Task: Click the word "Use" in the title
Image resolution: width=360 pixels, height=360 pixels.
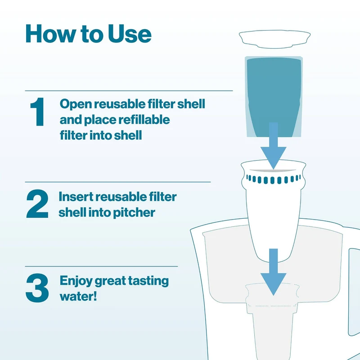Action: coord(130,34)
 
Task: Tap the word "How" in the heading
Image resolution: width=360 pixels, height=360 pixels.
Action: coord(50,34)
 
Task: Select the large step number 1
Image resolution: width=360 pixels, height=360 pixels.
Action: coord(38,112)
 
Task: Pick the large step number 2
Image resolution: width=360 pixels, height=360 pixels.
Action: coord(37,204)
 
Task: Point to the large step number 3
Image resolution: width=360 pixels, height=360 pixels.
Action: coord(37,288)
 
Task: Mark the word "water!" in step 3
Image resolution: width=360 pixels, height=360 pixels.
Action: coord(78,296)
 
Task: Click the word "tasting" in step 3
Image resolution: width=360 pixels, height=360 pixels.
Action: coord(148,281)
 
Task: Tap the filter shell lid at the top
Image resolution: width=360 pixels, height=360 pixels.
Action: coord(274,39)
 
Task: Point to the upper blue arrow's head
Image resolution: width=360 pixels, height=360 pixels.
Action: coord(273,157)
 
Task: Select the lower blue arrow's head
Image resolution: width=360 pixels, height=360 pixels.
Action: coord(273,284)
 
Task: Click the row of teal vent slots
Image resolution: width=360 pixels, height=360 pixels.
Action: coord(273,179)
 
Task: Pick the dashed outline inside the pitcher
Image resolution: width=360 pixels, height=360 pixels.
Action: coord(273,295)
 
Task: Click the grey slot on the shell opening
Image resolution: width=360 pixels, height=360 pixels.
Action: coord(273,171)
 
